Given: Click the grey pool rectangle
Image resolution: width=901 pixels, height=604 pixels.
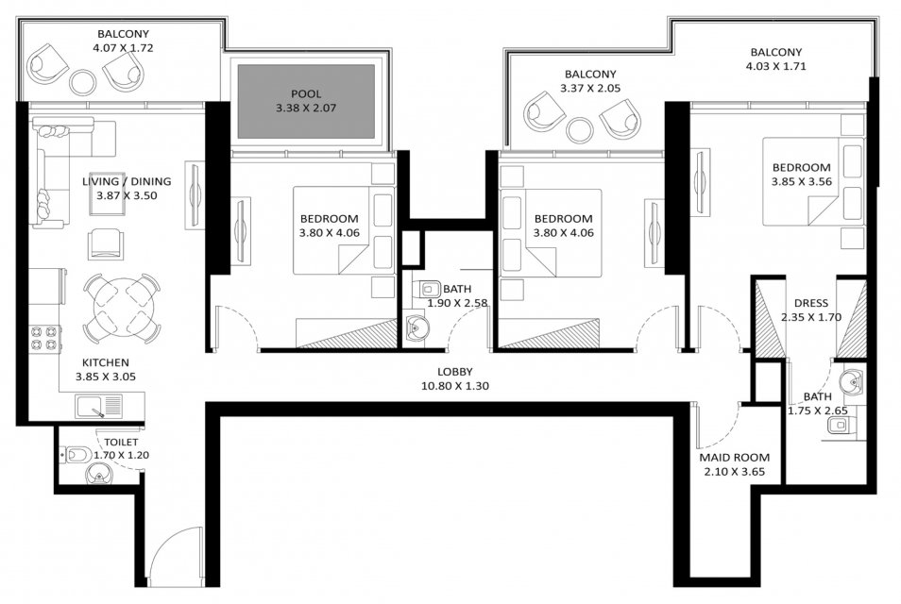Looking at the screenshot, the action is (306, 101).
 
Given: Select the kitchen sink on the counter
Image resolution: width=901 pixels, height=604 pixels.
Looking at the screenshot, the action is (99, 407).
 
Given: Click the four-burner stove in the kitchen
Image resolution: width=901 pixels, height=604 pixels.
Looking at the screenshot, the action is (45, 339).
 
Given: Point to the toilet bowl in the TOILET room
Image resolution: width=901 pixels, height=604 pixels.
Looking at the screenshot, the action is (76, 455).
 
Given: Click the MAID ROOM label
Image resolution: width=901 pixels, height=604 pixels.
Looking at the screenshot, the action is (735, 458).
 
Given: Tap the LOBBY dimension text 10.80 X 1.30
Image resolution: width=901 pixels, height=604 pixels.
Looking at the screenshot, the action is (455, 386).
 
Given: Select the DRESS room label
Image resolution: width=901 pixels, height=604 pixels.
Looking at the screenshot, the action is (811, 303).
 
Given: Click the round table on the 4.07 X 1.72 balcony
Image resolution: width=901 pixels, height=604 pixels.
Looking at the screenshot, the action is (83, 82).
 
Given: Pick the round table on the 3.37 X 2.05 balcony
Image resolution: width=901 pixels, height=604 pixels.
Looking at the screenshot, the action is (580, 130).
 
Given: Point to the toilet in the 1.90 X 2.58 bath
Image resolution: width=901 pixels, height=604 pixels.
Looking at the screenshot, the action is (430, 287).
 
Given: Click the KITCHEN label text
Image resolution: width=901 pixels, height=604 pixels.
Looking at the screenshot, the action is (106, 362).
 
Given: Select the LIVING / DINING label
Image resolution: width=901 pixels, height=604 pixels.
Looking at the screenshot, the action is (127, 181).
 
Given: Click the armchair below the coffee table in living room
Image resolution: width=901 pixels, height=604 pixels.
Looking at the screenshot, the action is (106, 244).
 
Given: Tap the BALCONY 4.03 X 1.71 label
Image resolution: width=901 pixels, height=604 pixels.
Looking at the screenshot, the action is (775, 59).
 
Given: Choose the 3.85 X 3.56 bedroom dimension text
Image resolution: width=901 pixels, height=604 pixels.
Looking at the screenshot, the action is (802, 182).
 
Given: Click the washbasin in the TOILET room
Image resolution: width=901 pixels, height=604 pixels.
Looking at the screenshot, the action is (99, 474).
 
